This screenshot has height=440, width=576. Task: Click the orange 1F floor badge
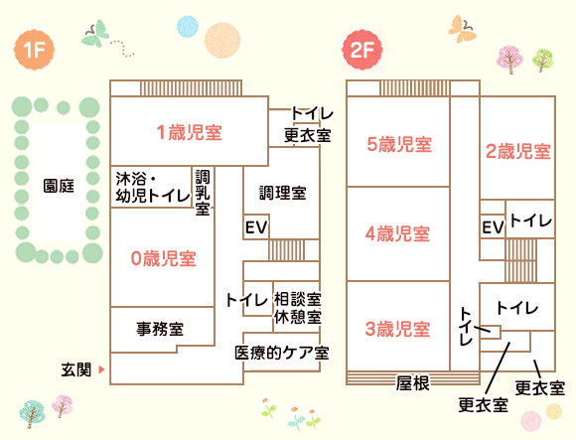click(x=34, y=50)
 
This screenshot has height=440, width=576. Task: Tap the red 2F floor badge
click(x=362, y=50)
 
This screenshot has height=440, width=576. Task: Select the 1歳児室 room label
click(x=190, y=132)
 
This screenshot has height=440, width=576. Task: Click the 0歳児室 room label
click(x=164, y=258)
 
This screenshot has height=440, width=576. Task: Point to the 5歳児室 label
click(x=399, y=144)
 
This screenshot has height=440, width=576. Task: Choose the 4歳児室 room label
click(x=397, y=234)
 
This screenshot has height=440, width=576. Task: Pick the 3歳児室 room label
click(x=397, y=329)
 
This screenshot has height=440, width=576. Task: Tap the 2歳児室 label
click(x=518, y=151)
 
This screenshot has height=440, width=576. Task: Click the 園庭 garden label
click(x=59, y=186)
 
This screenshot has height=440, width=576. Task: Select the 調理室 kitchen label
click(x=283, y=193)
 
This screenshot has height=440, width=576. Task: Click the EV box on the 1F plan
click(x=256, y=227)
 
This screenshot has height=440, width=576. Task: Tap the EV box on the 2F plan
click(x=493, y=227)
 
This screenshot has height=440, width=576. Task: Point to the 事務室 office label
click(x=160, y=329)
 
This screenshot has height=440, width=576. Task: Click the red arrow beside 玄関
click(x=101, y=369)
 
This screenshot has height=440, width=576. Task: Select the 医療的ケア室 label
click(x=282, y=353)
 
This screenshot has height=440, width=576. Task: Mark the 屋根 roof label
click(x=412, y=383)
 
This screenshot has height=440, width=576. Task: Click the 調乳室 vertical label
click(x=203, y=193)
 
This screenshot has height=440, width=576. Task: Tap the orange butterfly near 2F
click(x=462, y=29)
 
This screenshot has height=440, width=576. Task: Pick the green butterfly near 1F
click(x=95, y=34)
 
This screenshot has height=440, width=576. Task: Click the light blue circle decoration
click(x=188, y=27)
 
